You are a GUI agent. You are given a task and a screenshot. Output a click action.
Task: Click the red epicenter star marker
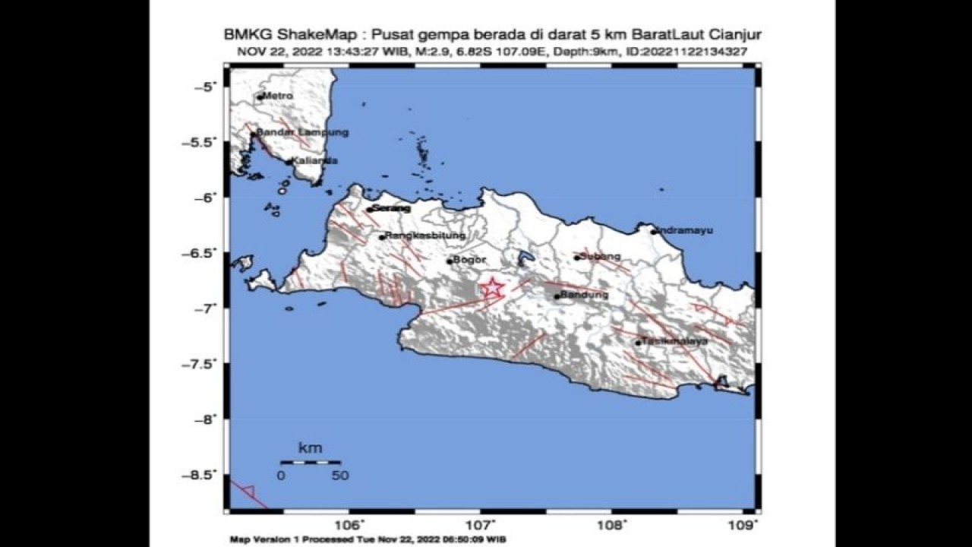point(493,288)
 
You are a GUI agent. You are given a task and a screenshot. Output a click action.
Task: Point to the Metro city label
point(278,96)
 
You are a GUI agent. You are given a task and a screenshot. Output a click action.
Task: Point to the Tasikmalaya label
point(675,341)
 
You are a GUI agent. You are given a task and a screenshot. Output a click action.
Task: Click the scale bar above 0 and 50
point(310,461)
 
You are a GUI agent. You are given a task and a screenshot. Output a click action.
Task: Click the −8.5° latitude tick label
point(200,475)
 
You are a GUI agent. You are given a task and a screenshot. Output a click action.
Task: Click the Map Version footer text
point(368,539)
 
